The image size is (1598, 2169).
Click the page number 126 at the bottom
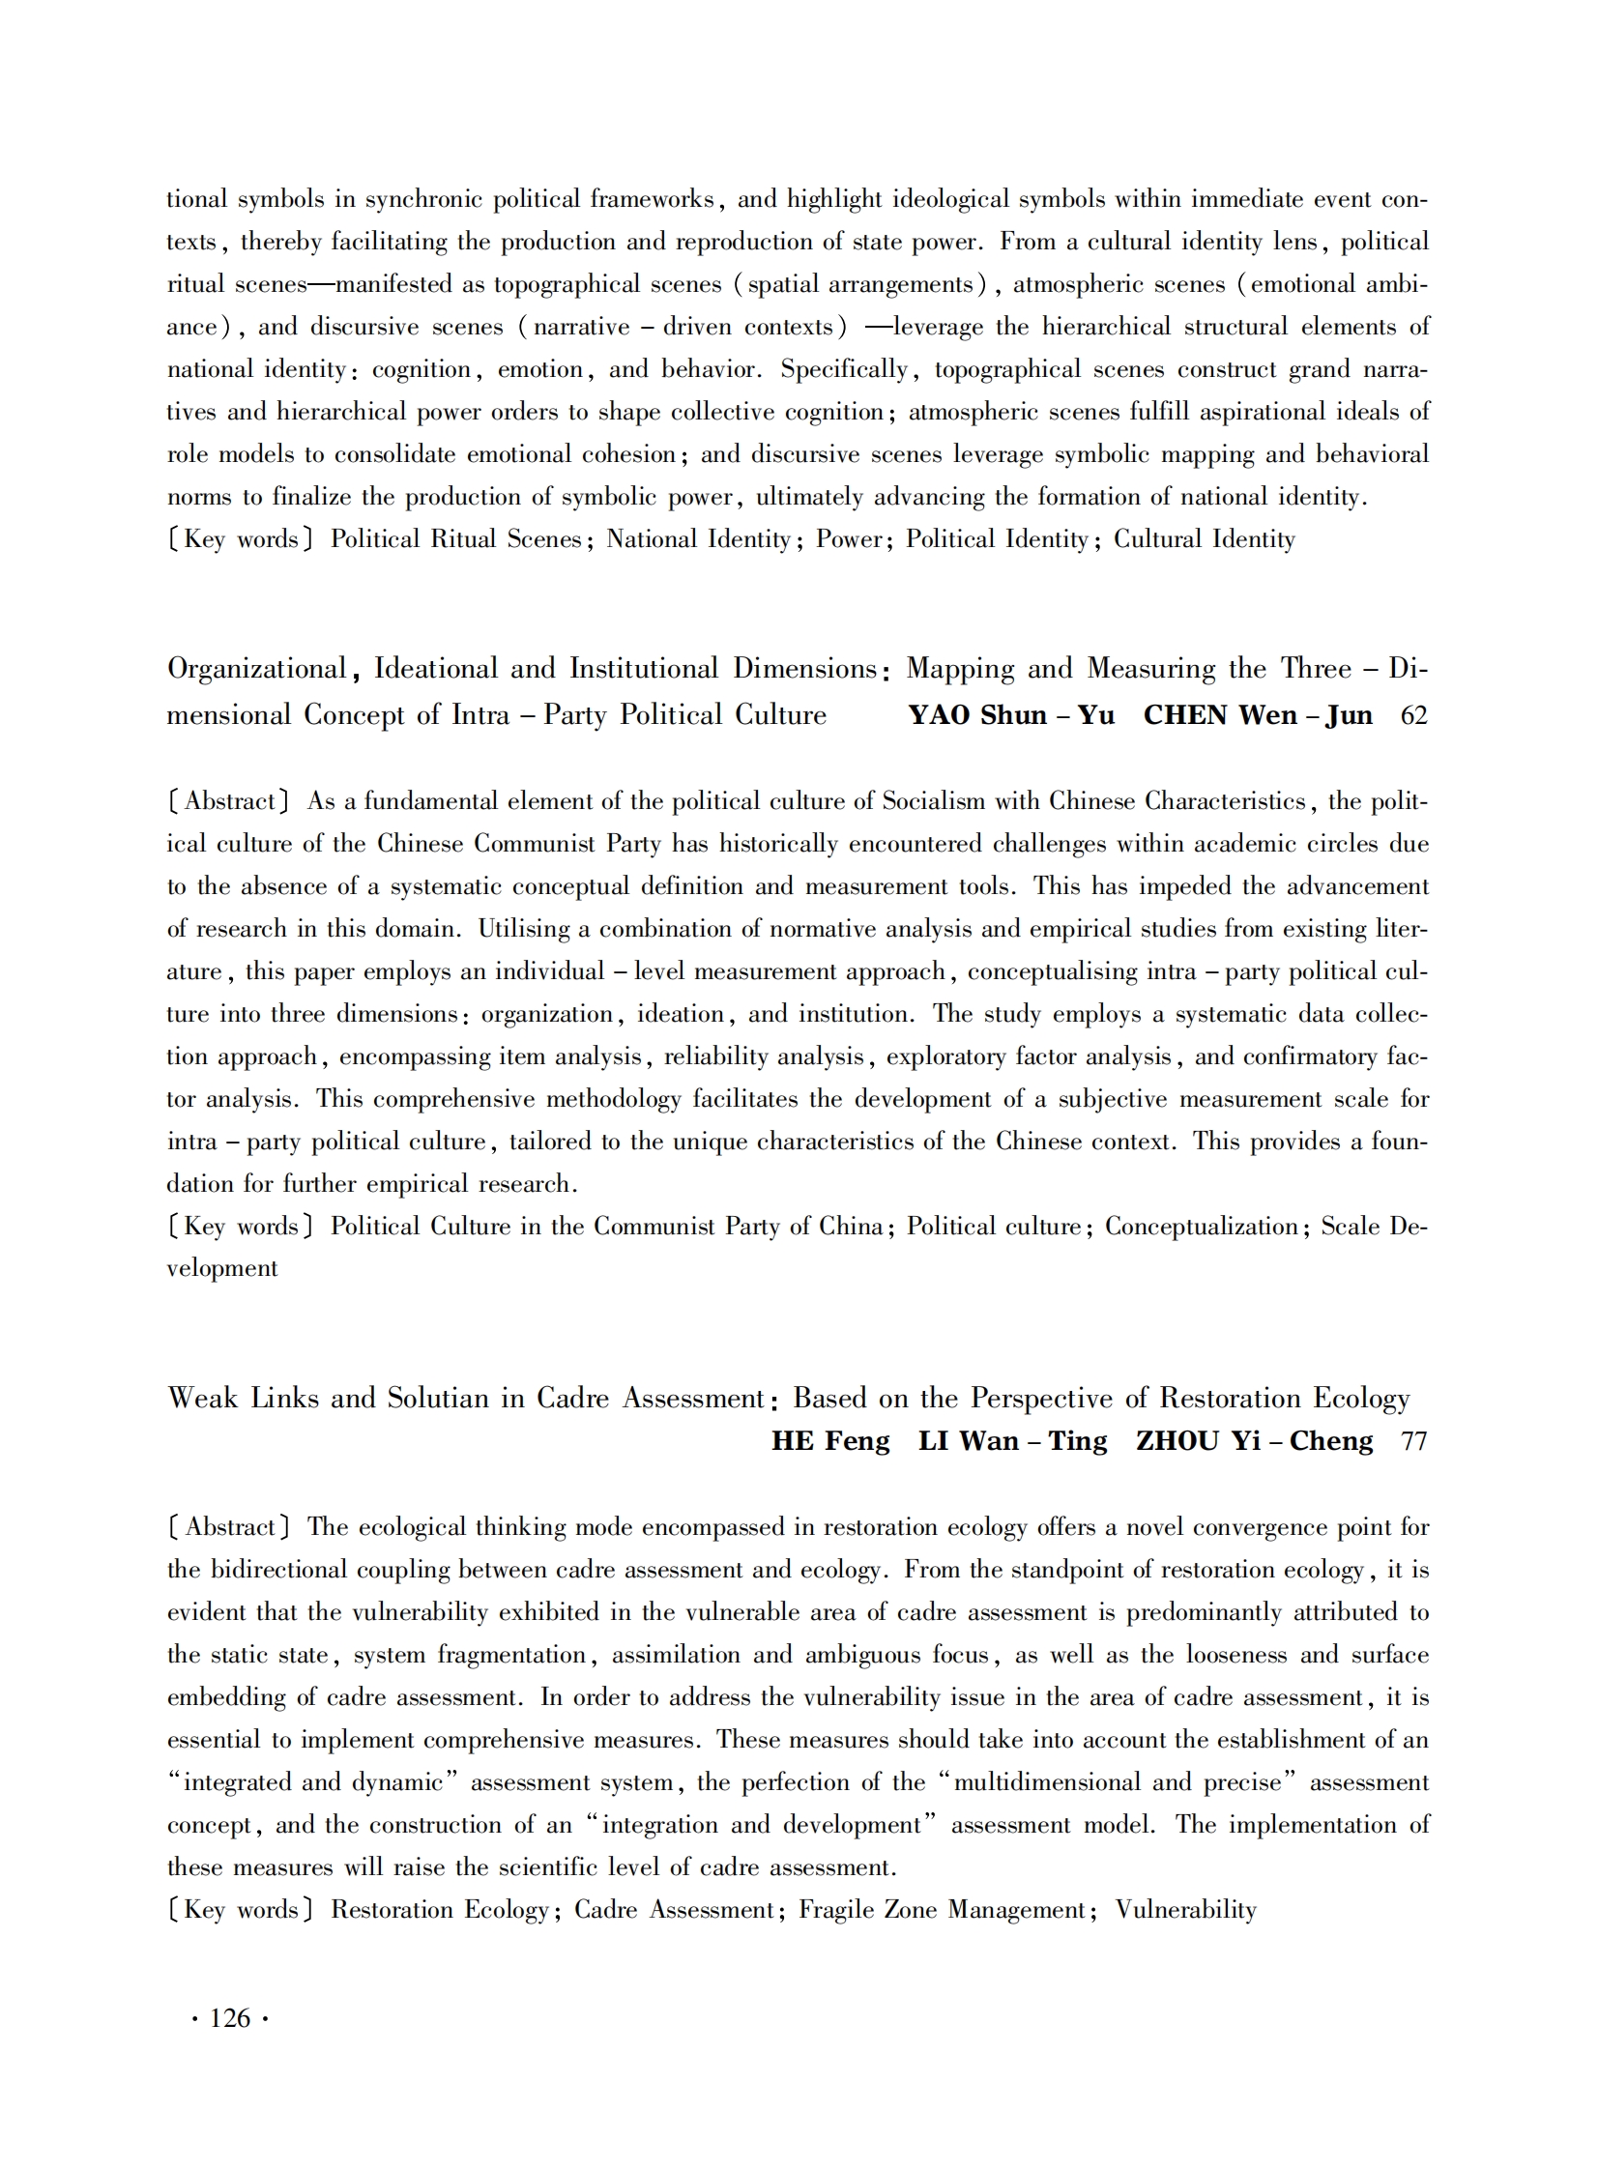230,2018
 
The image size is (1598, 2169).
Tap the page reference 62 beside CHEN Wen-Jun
1413,715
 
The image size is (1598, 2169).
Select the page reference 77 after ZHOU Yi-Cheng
1413,1441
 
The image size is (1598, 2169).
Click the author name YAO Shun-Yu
1011,715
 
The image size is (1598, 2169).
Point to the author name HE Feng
830,1441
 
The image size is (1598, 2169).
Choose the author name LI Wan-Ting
1012,1441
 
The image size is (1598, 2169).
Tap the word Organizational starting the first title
256,669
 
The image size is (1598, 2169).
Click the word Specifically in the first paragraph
844,369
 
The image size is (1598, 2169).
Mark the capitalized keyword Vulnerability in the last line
1185,1910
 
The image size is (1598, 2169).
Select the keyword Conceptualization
1201,1227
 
